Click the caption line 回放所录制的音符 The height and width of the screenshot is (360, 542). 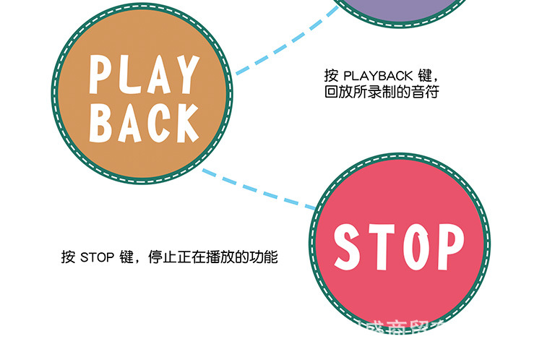tap(381, 93)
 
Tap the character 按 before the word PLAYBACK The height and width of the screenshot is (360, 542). tap(331, 76)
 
